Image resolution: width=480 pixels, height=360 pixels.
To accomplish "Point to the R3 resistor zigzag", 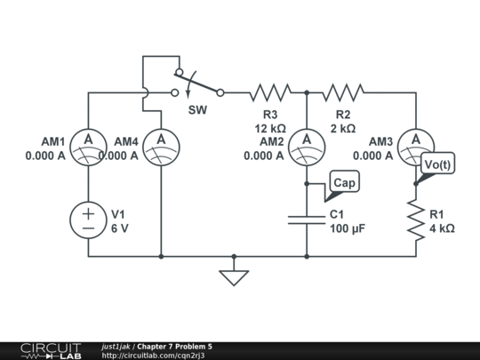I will [270, 92].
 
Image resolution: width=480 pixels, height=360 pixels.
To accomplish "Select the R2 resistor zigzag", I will [343, 92].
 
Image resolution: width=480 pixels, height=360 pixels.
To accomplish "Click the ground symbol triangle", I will [234, 277].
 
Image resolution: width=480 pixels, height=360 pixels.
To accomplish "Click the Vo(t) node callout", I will [437, 165].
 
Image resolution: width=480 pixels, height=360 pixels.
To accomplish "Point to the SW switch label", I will [197, 110].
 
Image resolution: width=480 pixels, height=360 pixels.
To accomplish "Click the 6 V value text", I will [120, 228].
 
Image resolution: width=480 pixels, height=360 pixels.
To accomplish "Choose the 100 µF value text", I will [348, 228].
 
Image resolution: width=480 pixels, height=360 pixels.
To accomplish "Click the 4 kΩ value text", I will [442, 228].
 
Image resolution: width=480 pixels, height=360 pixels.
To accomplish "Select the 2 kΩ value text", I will [343, 128].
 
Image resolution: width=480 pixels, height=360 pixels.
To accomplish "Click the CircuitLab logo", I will [49, 350].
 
